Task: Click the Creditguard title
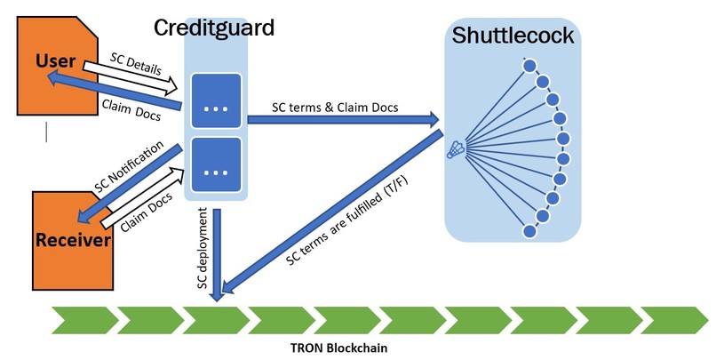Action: [x=214, y=28]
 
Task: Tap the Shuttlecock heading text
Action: [x=513, y=36]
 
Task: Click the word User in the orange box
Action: [x=55, y=60]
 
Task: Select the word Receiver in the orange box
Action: [x=73, y=240]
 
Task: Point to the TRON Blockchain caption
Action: [x=338, y=348]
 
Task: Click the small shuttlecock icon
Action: [x=456, y=150]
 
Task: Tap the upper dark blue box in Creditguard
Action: [x=216, y=100]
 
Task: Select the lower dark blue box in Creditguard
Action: [x=216, y=164]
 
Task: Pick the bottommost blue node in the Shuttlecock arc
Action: [x=529, y=231]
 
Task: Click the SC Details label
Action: [x=136, y=64]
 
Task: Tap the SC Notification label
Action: [x=129, y=167]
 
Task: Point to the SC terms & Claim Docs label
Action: [x=335, y=108]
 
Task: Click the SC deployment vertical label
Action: [x=203, y=248]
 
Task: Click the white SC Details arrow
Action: [x=130, y=76]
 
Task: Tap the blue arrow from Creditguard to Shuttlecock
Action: [x=343, y=120]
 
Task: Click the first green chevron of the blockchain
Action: [x=85, y=320]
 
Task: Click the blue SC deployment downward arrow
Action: [x=218, y=255]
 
